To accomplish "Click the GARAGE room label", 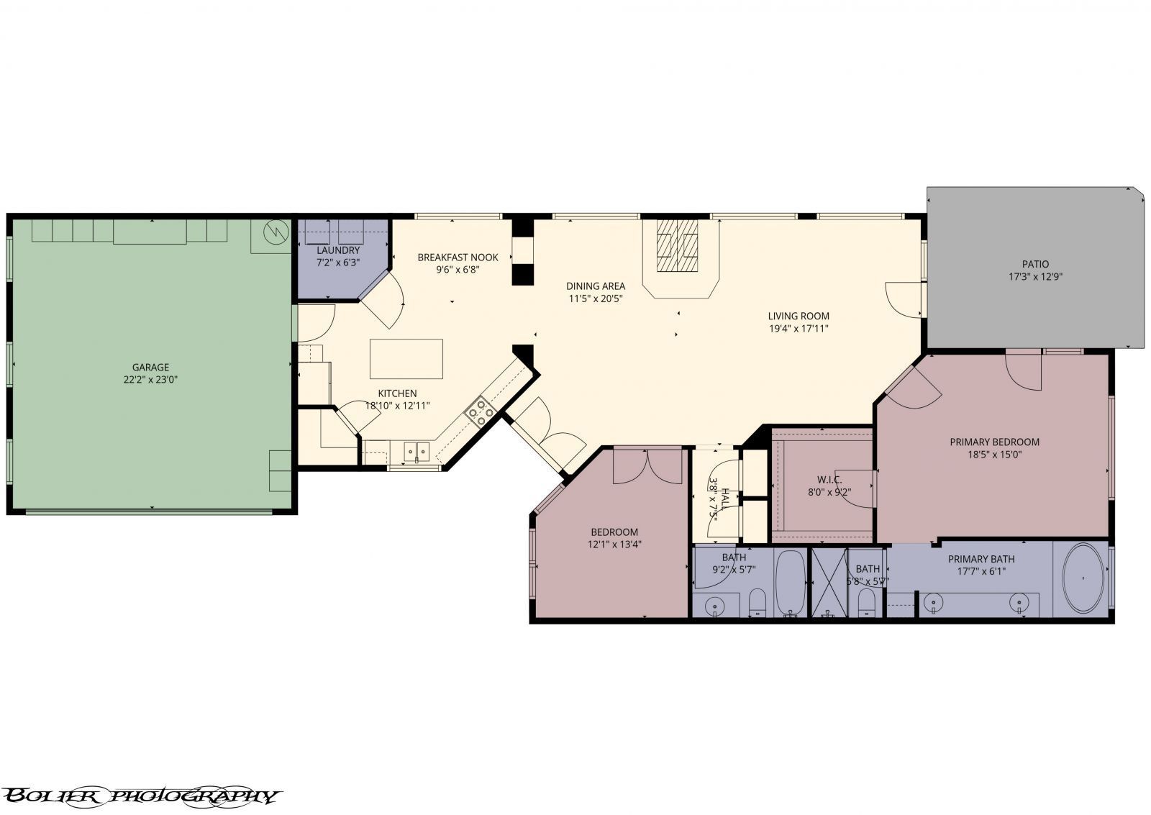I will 150,367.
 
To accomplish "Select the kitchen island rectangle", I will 406,358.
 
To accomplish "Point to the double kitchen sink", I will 416,451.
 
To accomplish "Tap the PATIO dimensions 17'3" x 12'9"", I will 1035,276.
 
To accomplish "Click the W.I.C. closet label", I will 829,480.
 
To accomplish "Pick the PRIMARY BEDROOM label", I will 994,442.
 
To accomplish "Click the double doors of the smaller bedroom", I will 647,465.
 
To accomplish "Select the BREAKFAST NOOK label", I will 458,257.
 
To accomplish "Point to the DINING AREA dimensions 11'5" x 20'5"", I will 595,298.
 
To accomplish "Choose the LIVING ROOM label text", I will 799,316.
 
